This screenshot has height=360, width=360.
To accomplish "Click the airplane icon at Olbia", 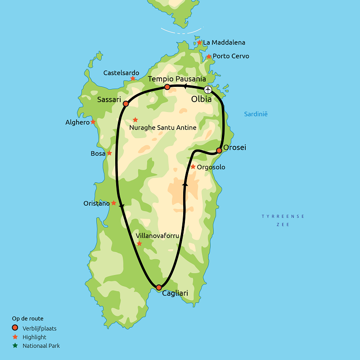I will (x=207, y=90).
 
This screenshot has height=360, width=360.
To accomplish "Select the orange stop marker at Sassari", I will (x=126, y=104).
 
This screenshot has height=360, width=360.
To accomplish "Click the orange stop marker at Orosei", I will (x=219, y=150).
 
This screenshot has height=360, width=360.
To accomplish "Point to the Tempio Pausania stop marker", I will (x=167, y=87).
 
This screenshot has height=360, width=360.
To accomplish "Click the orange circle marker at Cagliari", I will (x=158, y=287).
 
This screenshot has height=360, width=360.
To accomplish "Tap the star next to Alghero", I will (x=93, y=122).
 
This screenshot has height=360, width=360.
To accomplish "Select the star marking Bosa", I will (x=109, y=153).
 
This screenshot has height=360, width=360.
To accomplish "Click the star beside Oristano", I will (x=114, y=203).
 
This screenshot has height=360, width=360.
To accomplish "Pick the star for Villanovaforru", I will (x=139, y=243).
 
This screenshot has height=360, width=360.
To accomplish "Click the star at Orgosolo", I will (x=193, y=167).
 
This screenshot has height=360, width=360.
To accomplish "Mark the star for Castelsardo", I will (x=133, y=79).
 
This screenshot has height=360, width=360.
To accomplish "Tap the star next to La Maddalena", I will (x=199, y=43).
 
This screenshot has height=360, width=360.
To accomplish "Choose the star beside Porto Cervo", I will (x=209, y=57).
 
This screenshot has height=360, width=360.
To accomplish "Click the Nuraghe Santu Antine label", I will (x=163, y=128).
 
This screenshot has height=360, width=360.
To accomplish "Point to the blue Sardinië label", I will (x=256, y=114).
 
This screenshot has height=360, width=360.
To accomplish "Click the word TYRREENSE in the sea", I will (x=283, y=216).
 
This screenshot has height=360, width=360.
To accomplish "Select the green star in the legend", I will (x=15, y=346).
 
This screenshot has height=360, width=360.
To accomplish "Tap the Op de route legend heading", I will (x=28, y=318).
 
